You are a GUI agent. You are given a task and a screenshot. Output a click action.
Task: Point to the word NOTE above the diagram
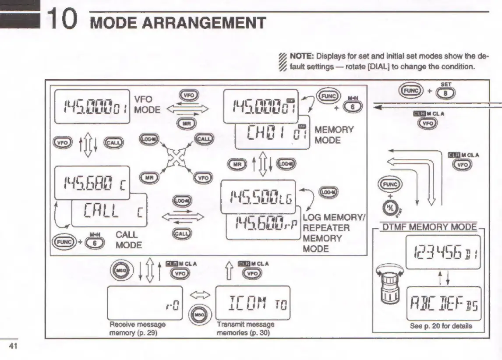304,56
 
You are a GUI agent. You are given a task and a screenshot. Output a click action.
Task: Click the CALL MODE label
129,240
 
